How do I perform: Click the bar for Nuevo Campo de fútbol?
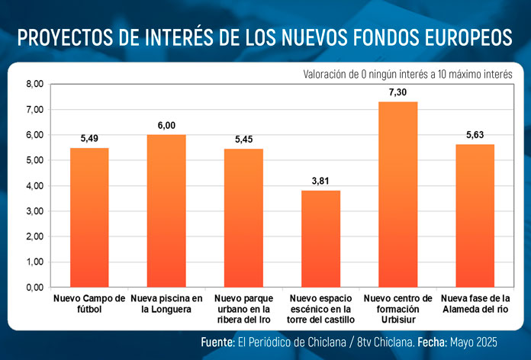click(x=89, y=217)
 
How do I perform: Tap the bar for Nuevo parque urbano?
click(x=243, y=218)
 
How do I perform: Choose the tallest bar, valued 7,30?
click(x=397, y=194)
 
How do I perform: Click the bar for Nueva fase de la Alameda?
click(x=475, y=216)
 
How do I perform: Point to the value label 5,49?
click(x=89, y=139)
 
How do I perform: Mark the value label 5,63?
click(x=475, y=136)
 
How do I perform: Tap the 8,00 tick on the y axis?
click(x=35, y=84)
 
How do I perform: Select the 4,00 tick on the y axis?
click(x=35, y=186)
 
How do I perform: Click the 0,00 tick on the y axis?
click(x=35, y=288)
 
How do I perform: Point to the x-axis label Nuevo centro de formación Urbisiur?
click(x=397, y=309)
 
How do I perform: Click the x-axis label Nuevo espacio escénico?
click(x=320, y=309)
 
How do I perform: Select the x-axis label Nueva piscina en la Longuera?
click(x=166, y=304)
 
